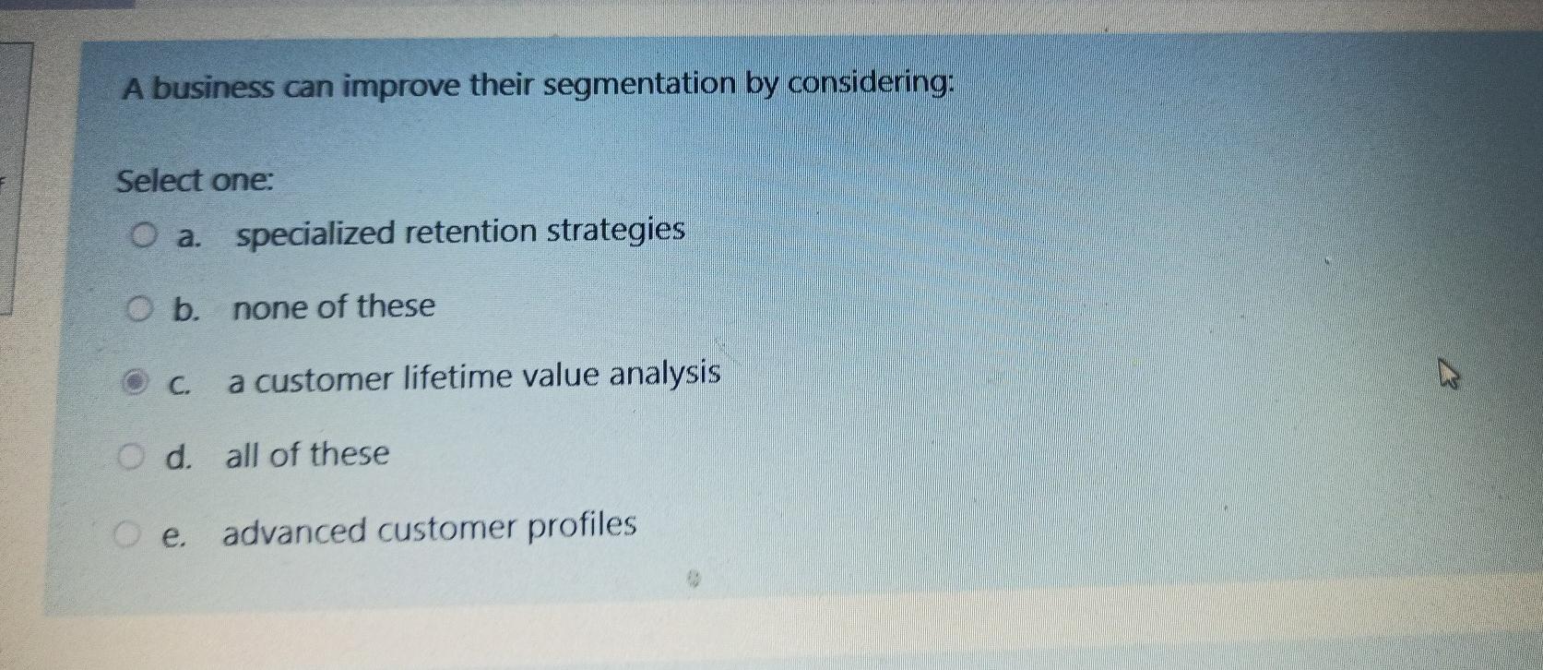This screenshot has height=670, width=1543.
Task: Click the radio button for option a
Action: click(141, 237)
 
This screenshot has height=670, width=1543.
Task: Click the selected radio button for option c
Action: click(136, 381)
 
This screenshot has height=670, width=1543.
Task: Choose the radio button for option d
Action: click(132, 455)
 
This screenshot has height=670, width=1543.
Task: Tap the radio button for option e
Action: click(126, 532)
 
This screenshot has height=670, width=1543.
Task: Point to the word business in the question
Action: click(213, 89)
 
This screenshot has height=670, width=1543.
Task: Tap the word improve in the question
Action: click(402, 87)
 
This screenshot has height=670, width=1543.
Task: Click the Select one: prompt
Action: click(195, 180)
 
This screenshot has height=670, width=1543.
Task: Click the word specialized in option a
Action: click(315, 233)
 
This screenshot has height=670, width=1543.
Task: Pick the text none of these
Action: click(334, 307)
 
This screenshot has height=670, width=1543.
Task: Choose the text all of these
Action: click(308, 454)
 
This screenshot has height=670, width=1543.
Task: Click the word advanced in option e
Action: click(294, 531)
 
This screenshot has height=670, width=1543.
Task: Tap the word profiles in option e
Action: click(583, 526)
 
